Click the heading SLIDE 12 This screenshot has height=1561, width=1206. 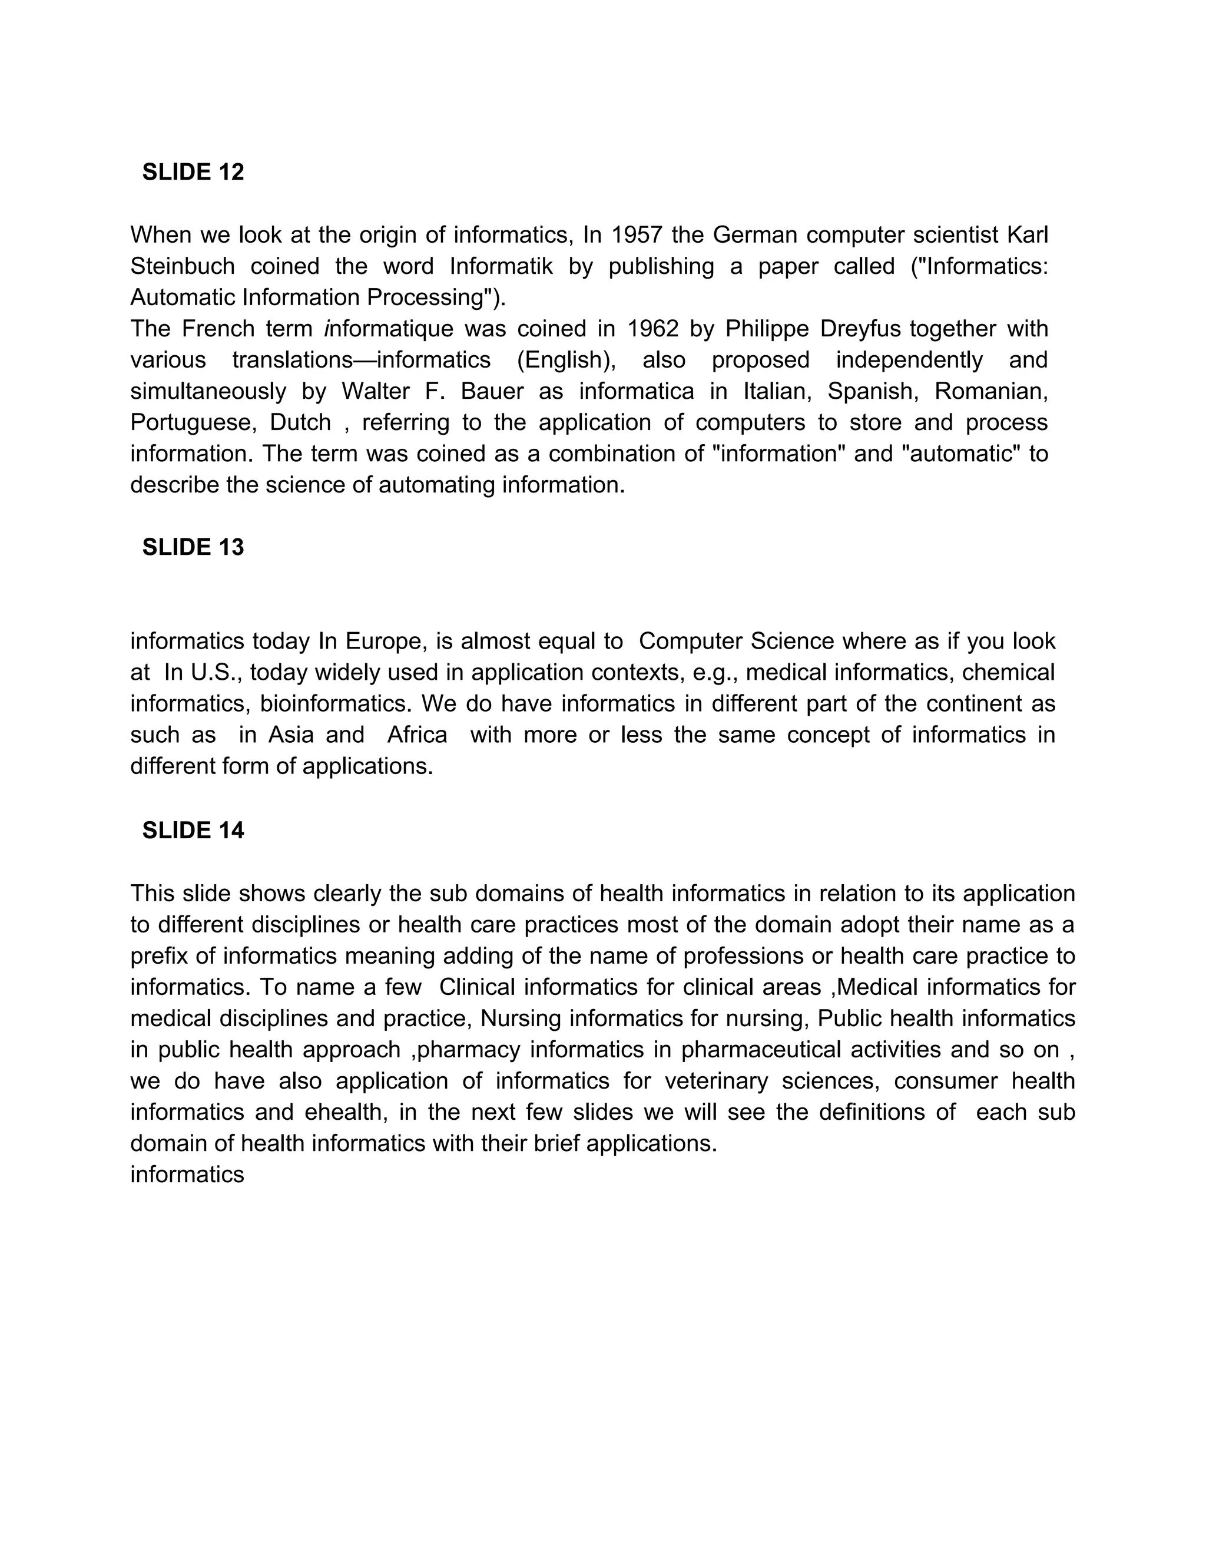[193, 172]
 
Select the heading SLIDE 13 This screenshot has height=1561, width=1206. [193, 547]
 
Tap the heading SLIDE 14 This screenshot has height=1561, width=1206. [193, 830]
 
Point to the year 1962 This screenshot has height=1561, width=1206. [653, 329]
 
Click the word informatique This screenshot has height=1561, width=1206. [389, 329]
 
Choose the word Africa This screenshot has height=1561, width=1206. [418, 735]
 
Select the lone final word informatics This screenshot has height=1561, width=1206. [187, 1175]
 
